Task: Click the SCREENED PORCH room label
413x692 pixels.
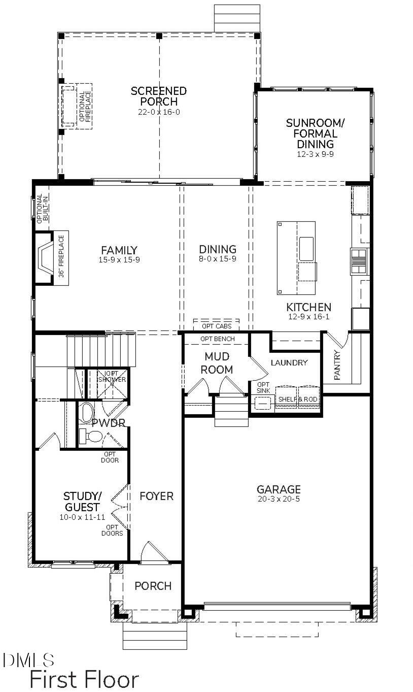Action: click(x=159, y=96)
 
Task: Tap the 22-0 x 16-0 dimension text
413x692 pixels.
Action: click(x=159, y=112)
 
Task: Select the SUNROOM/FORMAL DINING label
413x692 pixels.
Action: click(x=311, y=134)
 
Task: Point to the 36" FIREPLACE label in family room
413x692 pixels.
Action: click(x=61, y=257)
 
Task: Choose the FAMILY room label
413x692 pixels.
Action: click(x=119, y=250)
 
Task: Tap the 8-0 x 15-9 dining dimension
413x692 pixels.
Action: click(x=218, y=259)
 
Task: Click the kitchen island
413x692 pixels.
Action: click(x=296, y=258)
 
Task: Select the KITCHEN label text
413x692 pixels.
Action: click(x=308, y=307)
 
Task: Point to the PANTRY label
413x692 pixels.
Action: click(x=338, y=365)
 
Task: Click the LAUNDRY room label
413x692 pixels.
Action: click(x=289, y=363)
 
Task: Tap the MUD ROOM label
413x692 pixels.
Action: click(x=217, y=363)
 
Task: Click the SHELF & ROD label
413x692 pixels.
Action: click(x=297, y=400)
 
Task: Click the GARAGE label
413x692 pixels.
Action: click(x=279, y=489)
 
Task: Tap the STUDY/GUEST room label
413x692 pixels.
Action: click(x=82, y=501)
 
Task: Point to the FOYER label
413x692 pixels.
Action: click(x=156, y=496)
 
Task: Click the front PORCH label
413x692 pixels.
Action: click(x=153, y=586)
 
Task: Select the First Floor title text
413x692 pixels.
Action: click(x=84, y=679)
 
